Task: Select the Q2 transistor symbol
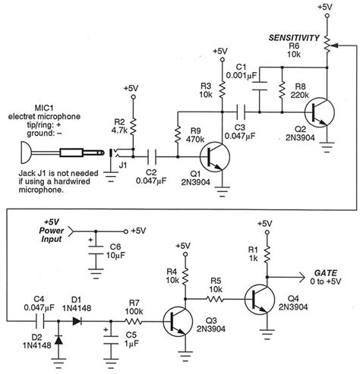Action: (324, 110)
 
